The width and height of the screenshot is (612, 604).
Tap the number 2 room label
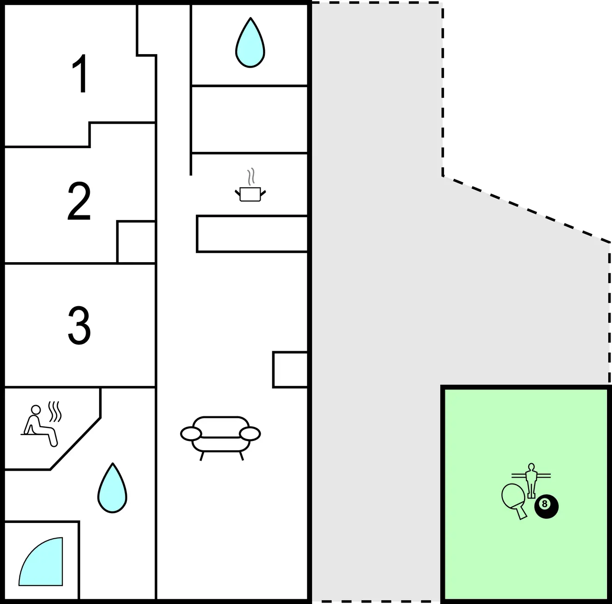(x=79, y=201)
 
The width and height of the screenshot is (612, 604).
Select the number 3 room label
(x=79, y=325)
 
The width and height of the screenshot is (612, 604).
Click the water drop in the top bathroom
(x=250, y=43)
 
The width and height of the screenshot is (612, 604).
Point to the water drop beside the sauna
(x=112, y=488)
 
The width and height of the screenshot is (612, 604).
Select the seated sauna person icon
(x=39, y=426)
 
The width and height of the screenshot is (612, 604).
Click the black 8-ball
(x=546, y=507)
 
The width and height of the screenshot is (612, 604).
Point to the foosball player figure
(x=531, y=480)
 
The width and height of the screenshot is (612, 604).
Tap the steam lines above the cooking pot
(x=251, y=176)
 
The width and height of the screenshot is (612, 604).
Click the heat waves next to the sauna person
(x=55, y=411)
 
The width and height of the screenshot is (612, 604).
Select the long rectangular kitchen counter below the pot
(x=252, y=234)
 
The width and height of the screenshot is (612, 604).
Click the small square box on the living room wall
(x=290, y=370)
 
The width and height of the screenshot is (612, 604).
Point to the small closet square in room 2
(x=137, y=242)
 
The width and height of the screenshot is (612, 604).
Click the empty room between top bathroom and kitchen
(x=250, y=119)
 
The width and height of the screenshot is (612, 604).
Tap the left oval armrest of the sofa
(x=191, y=434)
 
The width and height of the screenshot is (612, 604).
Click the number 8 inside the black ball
(x=545, y=504)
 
